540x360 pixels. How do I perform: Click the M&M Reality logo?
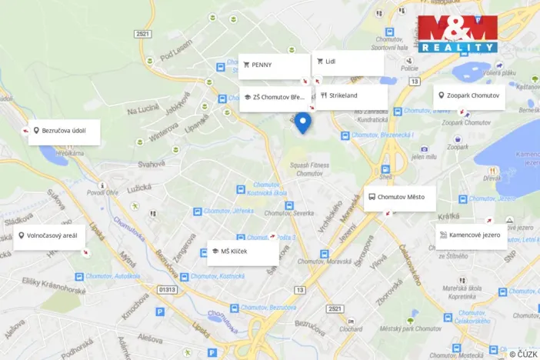coord(458,33)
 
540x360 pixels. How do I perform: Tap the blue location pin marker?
coord(303,122)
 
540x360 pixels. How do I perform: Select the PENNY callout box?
coord(273,65)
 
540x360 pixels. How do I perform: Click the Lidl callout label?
coord(348,62)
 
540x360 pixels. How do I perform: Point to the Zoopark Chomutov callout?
coord(468,96)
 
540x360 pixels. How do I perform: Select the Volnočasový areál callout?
coord(52,235)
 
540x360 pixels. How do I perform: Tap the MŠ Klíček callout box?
coord(242,252)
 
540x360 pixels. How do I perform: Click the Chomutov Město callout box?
coord(399,197)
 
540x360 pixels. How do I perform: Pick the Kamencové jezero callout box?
coord(471,235)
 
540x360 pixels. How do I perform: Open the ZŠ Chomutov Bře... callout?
coord(275,98)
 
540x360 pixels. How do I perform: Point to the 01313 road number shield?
coord(167,290)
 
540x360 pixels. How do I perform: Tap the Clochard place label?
coord(350,328)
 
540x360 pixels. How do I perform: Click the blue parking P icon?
coord(160,312)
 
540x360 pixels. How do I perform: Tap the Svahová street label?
coord(152,163)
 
